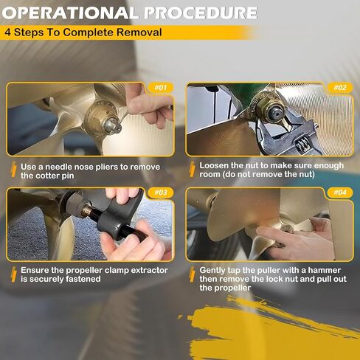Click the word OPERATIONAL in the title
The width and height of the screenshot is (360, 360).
(70, 13)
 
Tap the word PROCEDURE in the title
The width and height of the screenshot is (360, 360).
(201, 13)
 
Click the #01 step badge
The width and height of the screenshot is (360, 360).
(161, 88)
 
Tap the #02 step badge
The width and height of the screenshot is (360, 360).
(340, 88)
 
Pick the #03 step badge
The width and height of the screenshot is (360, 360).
(161, 193)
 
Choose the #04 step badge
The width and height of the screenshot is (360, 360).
(340, 193)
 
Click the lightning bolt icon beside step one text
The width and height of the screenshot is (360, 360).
(14, 170)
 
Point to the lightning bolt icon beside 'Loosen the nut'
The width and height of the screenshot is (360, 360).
(193, 169)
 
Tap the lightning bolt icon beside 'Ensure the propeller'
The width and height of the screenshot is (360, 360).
(14, 274)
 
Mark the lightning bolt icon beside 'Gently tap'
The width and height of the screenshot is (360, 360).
(193, 274)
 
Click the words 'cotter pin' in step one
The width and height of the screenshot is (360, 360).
(55, 176)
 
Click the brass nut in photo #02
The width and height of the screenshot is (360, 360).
(264, 108)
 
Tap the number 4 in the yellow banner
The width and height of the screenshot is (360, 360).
(7, 32)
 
